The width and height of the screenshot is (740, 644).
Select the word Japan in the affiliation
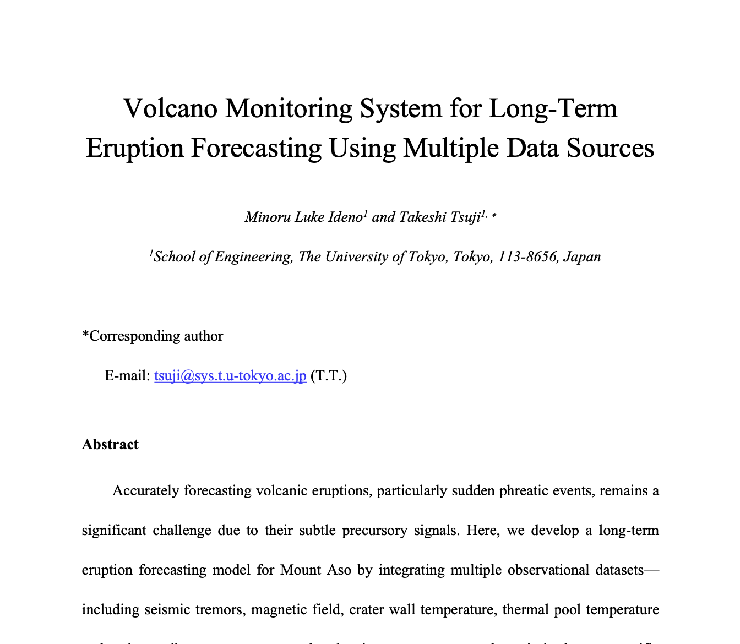(x=583, y=256)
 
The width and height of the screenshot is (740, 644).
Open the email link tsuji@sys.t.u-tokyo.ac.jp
(x=230, y=376)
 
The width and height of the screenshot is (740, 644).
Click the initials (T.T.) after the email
(x=329, y=376)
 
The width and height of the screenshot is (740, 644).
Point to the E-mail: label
(x=127, y=376)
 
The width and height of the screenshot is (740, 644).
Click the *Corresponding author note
(x=153, y=336)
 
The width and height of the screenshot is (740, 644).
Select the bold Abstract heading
(x=110, y=444)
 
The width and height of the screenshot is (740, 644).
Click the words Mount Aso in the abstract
(x=315, y=569)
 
